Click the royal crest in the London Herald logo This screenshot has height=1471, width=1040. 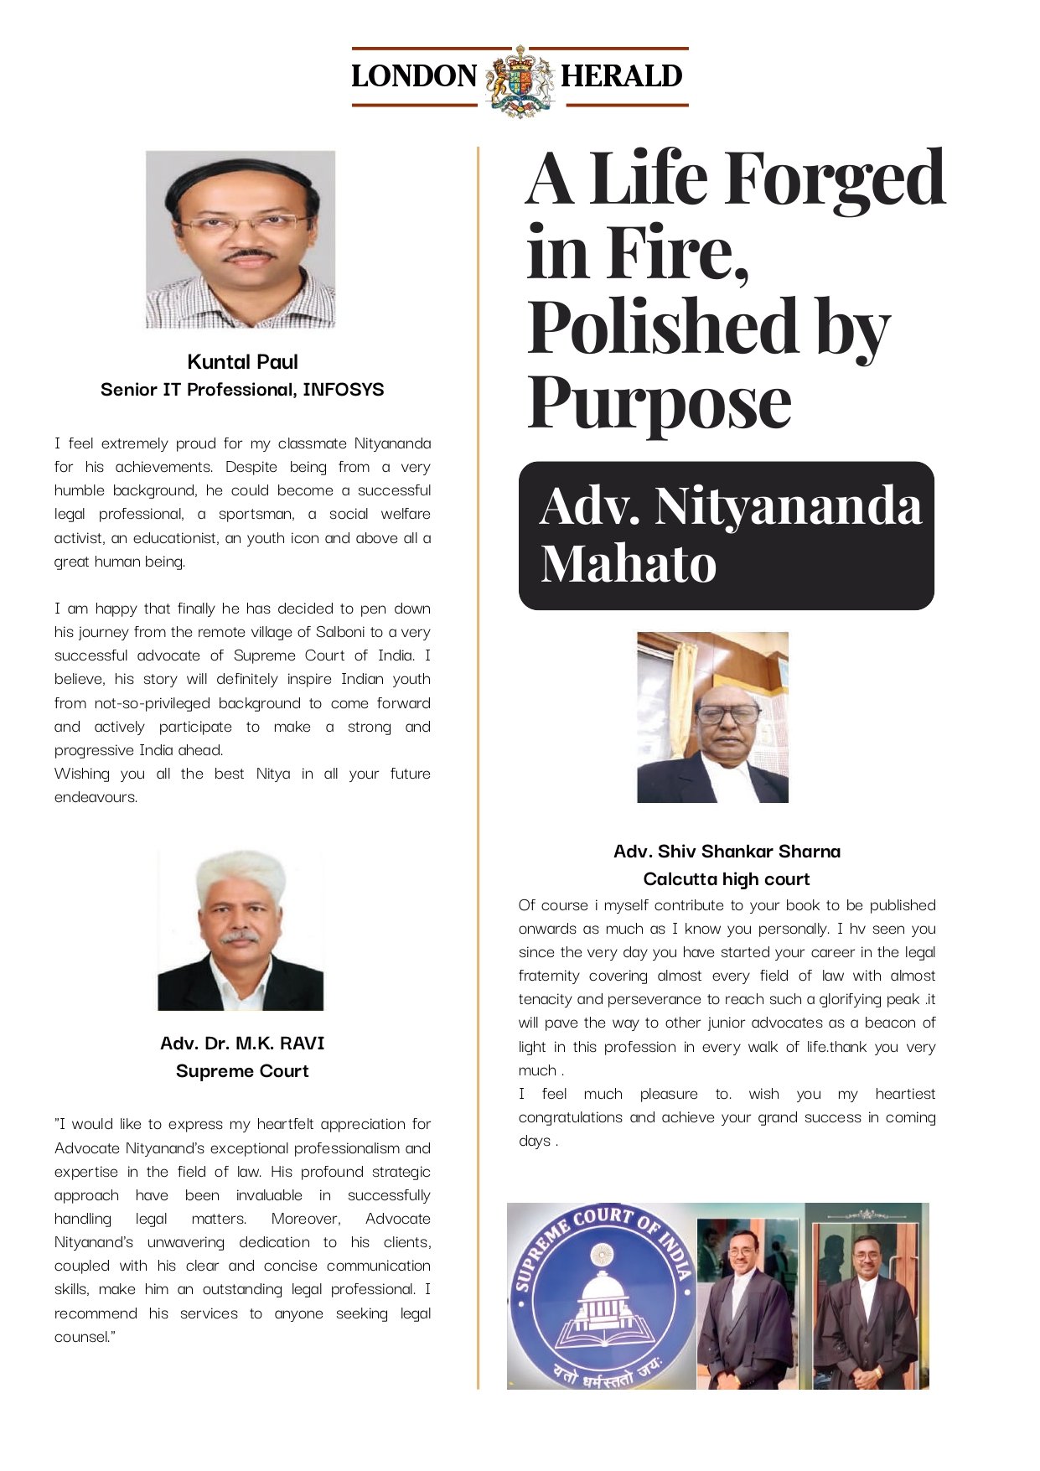(520, 80)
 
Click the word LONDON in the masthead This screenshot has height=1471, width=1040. (414, 76)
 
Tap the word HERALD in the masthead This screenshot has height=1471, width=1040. (622, 76)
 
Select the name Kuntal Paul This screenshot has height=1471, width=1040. (242, 362)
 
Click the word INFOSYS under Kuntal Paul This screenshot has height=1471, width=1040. (343, 390)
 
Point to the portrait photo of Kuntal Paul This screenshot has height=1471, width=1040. (241, 240)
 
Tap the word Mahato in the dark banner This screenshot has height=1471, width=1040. (629, 562)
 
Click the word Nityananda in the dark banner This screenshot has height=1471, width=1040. (788, 506)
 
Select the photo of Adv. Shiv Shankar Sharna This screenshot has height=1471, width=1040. (712, 717)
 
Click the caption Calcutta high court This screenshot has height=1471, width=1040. (727, 879)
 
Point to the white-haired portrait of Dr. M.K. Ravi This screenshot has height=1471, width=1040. (241, 930)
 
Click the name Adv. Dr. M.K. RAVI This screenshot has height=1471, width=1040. (242, 1044)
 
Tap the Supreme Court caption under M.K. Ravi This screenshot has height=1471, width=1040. (242, 1071)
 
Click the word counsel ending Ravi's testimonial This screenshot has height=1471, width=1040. (81, 1337)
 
